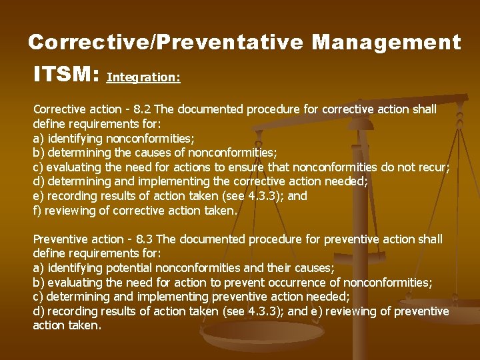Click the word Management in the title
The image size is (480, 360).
pos(386,43)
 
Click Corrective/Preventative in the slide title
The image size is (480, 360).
pos(167,43)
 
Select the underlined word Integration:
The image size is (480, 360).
pos(143,77)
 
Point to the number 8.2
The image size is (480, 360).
pos(143,109)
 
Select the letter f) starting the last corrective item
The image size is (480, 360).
pos(37,210)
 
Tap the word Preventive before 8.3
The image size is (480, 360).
pos(59,239)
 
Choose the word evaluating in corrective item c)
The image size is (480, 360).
pos(70,167)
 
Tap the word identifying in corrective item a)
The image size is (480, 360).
pos(71,138)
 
